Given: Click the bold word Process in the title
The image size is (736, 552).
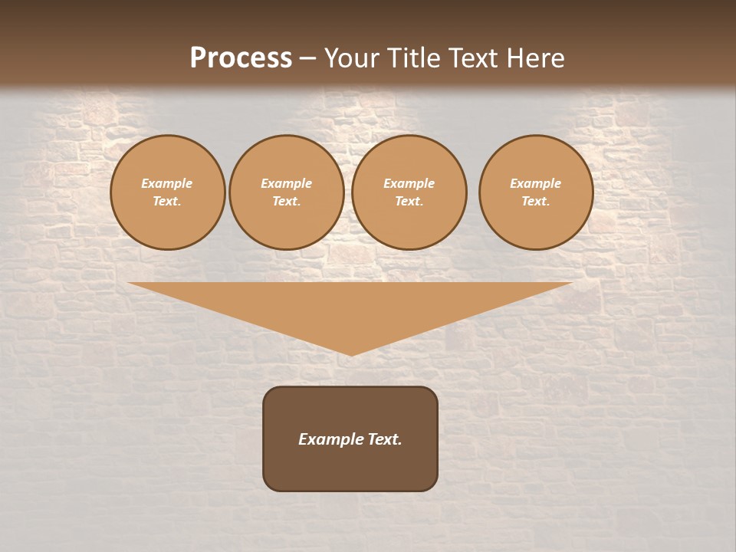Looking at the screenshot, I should pyautogui.click(x=241, y=58).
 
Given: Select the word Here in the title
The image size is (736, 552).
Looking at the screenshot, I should pyautogui.click(x=534, y=58).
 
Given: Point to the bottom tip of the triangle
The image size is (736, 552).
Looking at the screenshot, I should pyautogui.click(x=350, y=354).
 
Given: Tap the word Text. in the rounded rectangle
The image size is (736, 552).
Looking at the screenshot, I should pyautogui.click(x=384, y=439).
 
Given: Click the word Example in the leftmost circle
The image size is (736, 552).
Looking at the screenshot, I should pyautogui.click(x=167, y=183).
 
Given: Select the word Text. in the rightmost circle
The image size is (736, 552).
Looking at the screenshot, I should pyautogui.click(x=536, y=201).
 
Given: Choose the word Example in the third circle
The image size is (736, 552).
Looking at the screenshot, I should pyautogui.click(x=409, y=183).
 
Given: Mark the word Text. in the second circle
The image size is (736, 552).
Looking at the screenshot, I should pyautogui.click(x=286, y=201).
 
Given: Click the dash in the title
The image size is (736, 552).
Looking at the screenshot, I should pyautogui.click(x=307, y=58).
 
